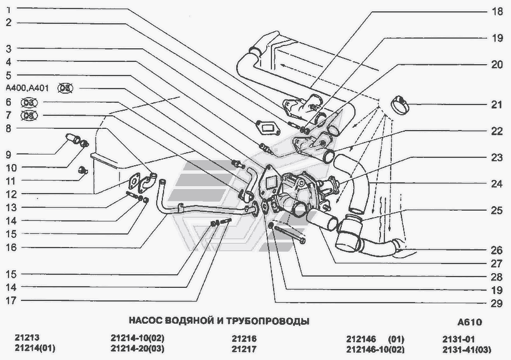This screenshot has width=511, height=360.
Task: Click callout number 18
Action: click(497, 11)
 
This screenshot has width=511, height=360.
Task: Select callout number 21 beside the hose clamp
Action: click(497, 104)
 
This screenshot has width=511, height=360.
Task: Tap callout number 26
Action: click(497, 250)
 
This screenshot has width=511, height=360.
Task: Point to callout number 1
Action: click(9, 10)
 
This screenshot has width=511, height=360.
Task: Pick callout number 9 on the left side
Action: click(9, 154)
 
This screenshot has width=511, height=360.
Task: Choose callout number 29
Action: click(497, 303)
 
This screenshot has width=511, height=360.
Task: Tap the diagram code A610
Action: click(468, 322)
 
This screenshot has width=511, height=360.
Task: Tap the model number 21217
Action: click(244, 348)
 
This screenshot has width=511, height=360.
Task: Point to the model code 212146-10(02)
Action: click(375, 348)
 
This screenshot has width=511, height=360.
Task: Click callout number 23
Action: click(497, 157)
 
